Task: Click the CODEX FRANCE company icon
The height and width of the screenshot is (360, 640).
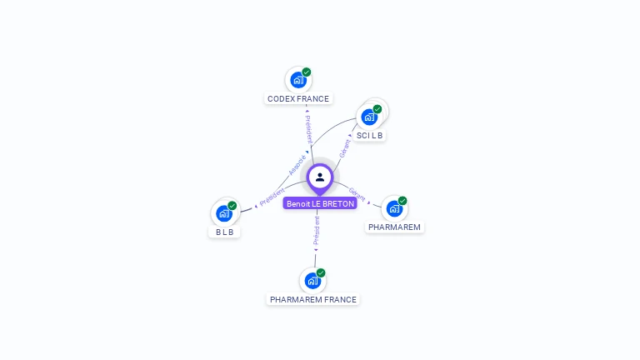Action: (x=297, y=80)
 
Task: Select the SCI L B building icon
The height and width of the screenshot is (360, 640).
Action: (x=369, y=117)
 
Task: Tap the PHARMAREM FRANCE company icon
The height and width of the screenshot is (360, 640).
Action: (x=312, y=281)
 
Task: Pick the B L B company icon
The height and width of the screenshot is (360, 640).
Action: (x=223, y=213)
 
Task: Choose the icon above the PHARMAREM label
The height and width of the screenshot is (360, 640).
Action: (x=394, y=208)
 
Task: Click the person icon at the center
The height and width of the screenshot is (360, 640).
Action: (x=320, y=177)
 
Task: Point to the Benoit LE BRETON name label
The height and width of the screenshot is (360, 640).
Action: (x=320, y=203)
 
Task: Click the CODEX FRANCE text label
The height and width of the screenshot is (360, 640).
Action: (x=298, y=98)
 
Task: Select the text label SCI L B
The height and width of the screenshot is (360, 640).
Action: (x=369, y=135)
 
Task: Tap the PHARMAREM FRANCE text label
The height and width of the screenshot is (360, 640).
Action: (x=313, y=299)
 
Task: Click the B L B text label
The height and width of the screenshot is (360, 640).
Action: (x=224, y=232)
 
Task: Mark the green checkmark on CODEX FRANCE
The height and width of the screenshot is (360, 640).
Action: (x=307, y=72)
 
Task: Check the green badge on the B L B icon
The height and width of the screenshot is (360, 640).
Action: (x=232, y=206)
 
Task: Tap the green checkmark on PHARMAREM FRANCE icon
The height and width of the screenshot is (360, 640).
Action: (x=321, y=273)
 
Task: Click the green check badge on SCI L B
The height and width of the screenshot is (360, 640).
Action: (x=377, y=109)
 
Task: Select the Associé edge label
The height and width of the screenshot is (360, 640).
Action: (x=297, y=164)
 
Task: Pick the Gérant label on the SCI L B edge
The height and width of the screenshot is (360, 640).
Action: (x=345, y=148)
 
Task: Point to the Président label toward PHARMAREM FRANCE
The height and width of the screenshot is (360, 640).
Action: (x=317, y=230)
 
